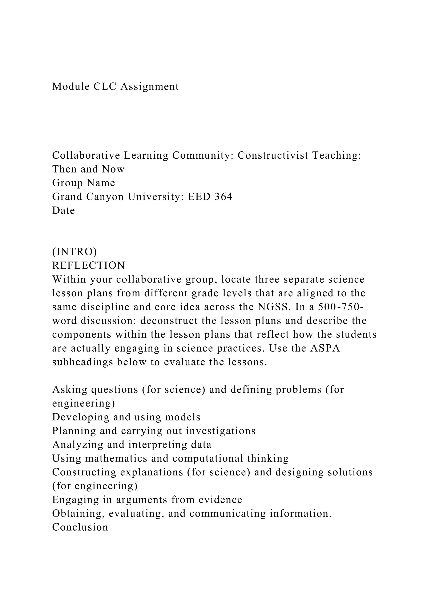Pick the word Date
[63, 211]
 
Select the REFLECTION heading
[89, 266]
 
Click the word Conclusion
[80, 527]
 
